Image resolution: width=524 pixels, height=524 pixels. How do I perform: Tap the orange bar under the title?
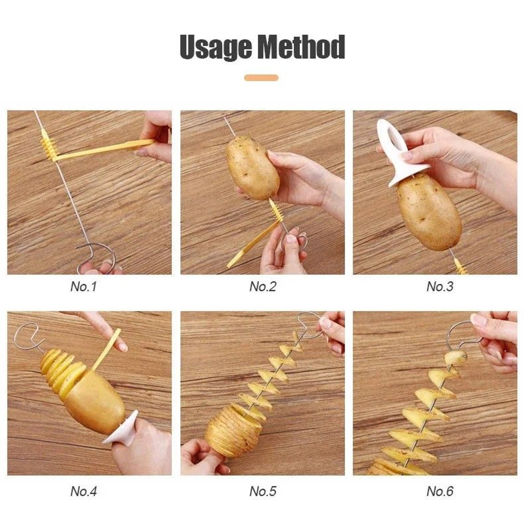tap(261, 78)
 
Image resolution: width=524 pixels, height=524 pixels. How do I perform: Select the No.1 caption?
tap(83, 287)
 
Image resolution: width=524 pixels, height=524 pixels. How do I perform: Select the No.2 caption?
tap(263, 287)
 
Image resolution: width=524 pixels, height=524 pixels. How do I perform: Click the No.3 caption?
tap(440, 287)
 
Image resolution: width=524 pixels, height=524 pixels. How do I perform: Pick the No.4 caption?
tap(83, 491)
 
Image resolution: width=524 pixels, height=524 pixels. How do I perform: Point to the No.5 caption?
tap(263, 491)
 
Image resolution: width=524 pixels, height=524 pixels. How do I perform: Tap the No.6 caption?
tap(440, 491)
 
